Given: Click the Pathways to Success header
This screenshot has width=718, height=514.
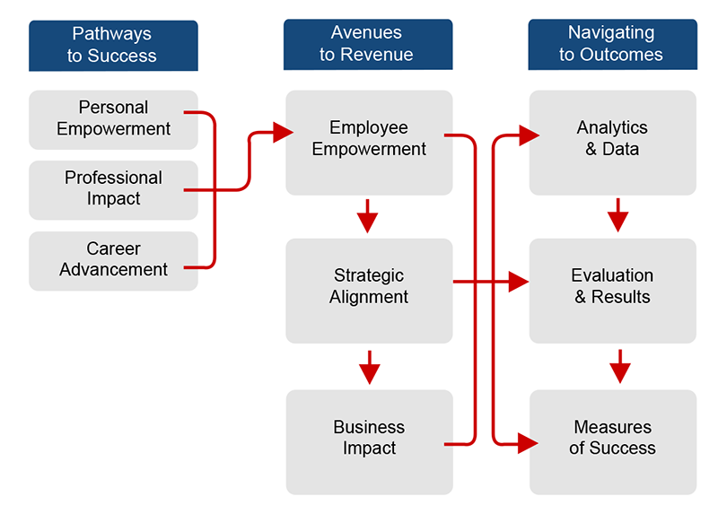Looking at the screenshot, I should [113, 45].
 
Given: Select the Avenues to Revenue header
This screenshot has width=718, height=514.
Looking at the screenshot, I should [368, 44].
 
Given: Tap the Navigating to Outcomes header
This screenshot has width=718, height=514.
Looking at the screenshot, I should [611, 44].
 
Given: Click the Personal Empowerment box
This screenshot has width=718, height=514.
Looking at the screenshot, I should [113, 118].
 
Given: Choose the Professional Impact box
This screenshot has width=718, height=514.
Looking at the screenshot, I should [113, 189].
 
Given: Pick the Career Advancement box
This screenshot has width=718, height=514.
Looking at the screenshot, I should [113, 260].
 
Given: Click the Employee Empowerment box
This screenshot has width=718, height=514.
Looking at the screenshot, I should [369, 142].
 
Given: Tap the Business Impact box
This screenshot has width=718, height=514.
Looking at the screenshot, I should [369, 440].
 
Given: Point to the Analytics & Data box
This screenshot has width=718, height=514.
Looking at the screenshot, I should [612, 142].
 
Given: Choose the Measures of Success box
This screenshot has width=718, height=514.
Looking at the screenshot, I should [612, 440].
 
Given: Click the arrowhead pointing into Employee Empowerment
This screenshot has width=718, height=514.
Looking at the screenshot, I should [283, 133].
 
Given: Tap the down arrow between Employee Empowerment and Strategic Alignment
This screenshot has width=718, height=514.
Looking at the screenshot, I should [368, 217].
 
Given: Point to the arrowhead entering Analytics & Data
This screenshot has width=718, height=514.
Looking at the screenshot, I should [528, 135].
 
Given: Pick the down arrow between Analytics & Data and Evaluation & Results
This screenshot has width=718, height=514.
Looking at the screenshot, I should [618, 217].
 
